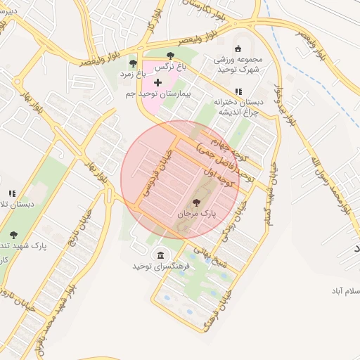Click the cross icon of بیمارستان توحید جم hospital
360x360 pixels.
157,83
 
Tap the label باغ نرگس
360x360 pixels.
171,65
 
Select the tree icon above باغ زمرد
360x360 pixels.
133,64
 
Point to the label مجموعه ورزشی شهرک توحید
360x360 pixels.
238,65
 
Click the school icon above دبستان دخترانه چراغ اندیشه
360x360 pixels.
238,91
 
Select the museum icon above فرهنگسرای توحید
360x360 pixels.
162,255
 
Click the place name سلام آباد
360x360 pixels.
345,290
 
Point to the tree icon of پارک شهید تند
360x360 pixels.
13,235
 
